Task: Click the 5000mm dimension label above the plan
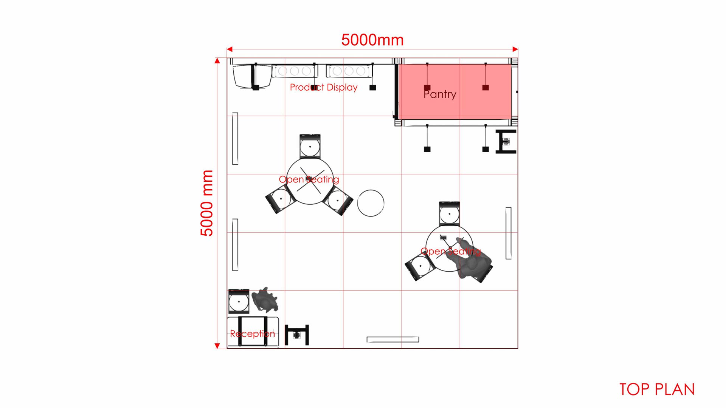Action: tap(372, 40)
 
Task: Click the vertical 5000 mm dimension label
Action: tap(207, 203)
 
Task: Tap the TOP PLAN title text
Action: tap(657, 389)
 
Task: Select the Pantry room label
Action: tap(440, 94)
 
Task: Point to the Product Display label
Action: tap(324, 87)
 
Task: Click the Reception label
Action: tap(253, 334)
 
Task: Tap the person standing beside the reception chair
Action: tap(265, 300)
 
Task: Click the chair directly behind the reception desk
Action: tap(239, 301)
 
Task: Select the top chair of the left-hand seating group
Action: tap(310, 146)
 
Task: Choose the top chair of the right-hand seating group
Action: tap(450, 214)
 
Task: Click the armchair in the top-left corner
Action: tap(252, 77)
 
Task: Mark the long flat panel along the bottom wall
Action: tap(393, 339)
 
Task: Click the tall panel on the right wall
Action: tap(509, 233)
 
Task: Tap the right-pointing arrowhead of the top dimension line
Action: tap(515, 49)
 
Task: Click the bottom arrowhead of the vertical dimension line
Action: tap(217, 346)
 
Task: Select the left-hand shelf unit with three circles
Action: tap(295, 71)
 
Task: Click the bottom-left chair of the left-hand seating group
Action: tap(280, 199)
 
